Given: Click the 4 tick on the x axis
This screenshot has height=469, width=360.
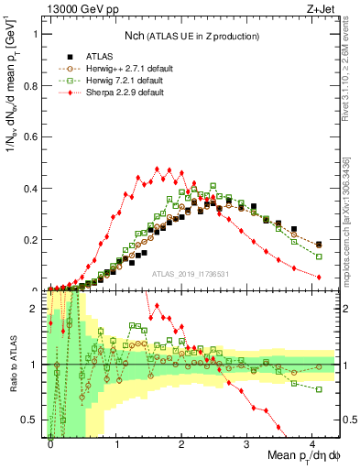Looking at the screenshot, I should pos(312,443).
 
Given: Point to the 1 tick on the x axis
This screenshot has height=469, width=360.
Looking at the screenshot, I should pos(116,443).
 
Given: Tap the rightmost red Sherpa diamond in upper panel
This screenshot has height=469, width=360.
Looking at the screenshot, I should pos(319,277).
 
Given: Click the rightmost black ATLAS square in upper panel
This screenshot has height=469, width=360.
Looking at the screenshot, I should pos(319,244).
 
